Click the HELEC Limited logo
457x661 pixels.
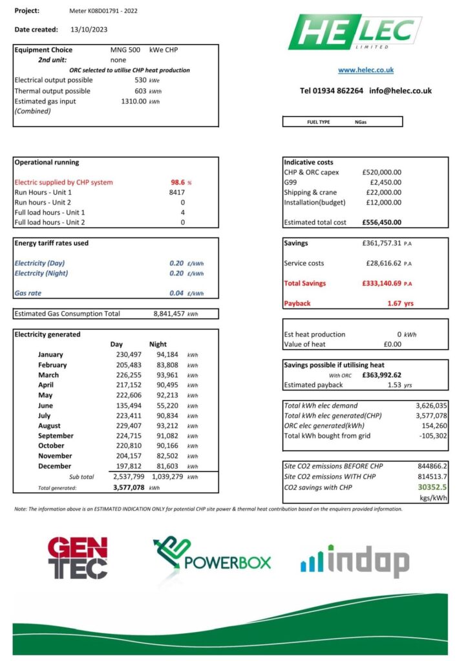click(355, 32)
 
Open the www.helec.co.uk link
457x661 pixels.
click(365, 70)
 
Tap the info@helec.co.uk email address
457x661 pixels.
click(400, 91)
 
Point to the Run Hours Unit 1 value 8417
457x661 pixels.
click(177, 192)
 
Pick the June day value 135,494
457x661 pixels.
click(125, 405)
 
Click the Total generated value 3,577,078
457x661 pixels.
click(128, 487)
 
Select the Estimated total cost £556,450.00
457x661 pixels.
click(381, 223)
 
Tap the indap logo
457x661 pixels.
click(354, 560)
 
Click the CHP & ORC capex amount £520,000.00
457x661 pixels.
click(381, 172)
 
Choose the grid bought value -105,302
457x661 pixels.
click(431, 436)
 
